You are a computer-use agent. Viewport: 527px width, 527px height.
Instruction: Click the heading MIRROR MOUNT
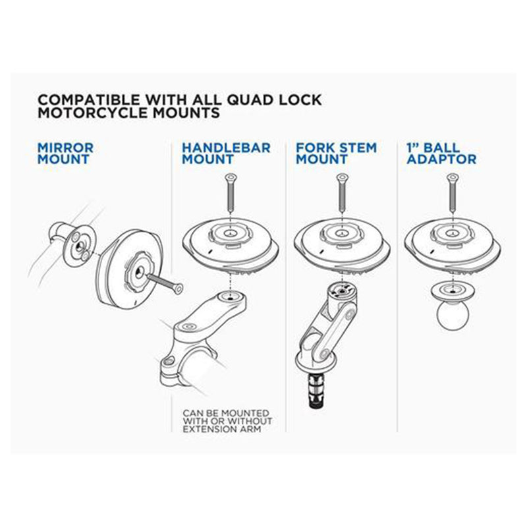tap(65, 153)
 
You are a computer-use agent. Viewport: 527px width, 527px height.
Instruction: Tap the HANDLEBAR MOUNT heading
tap(226, 153)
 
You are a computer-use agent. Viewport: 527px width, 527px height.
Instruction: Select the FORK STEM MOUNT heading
tap(336, 153)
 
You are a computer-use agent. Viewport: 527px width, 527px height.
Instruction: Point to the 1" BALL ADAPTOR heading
tap(441, 153)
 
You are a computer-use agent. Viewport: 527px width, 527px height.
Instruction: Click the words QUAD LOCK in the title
tap(275, 100)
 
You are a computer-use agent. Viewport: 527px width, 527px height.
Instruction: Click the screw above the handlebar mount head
tap(231, 192)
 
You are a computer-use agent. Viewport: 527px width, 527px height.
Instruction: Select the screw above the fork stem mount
tap(342, 192)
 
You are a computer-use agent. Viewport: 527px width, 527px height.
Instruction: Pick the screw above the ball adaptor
tap(453, 192)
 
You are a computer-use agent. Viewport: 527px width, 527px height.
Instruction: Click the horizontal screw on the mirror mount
tap(165, 283)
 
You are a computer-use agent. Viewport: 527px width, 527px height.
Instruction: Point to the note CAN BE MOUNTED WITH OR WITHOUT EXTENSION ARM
tap(227, 421)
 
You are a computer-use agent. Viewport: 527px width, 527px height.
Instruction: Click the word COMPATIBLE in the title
tap(89, 100)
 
